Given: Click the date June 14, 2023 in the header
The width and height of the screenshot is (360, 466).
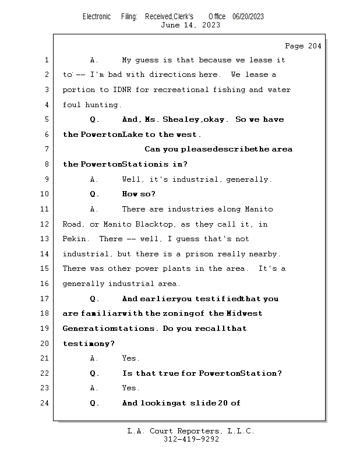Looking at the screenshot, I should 190,25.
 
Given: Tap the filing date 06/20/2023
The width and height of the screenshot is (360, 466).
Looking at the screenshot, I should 248,16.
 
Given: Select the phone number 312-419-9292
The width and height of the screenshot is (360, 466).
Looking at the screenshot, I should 191,439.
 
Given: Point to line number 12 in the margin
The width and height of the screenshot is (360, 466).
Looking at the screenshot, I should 46,224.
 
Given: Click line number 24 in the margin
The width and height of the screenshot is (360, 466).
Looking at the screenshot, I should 46,403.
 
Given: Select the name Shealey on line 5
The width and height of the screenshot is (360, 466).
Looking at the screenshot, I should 181,119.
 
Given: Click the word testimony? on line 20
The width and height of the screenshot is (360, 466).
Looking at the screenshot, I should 89,344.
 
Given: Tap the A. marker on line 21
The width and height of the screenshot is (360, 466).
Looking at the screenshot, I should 94,358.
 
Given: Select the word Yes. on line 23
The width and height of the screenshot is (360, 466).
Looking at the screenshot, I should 130,388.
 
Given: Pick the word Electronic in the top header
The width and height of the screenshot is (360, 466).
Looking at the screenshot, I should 97,16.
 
